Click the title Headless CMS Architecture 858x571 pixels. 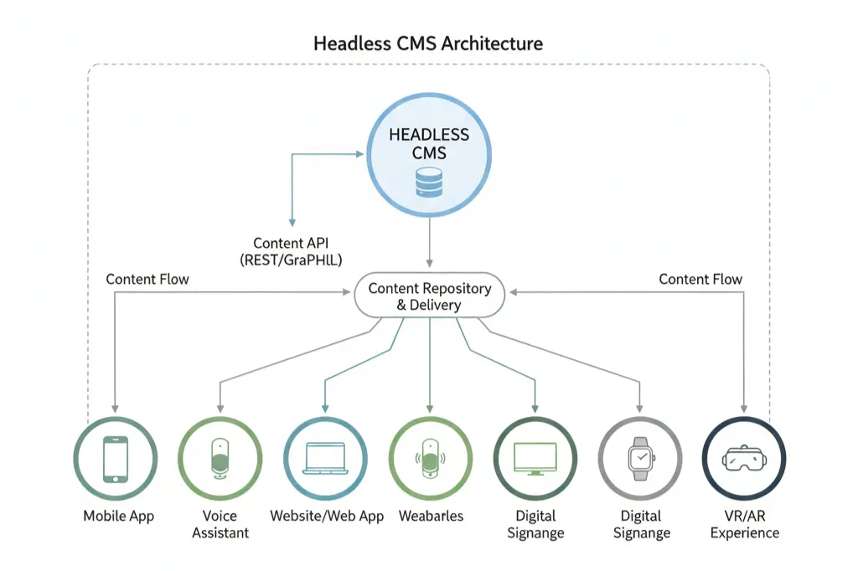click(428, 44)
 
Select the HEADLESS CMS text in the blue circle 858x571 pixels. click(428, 143)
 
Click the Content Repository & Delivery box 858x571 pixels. click(428, 296)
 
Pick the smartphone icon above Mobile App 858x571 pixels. click(115, 458)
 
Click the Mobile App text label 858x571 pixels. click(118, 516)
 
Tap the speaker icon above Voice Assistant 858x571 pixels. click(220, 458)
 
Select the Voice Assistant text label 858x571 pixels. click(220, 524)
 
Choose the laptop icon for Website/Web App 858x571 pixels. click(325, 458)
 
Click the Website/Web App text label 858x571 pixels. click(327, 516)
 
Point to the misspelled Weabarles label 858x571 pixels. click(431, 516)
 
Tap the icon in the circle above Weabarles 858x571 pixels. click(430, 458)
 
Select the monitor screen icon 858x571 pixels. click(535, 458)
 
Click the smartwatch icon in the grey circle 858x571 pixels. click(639, 458)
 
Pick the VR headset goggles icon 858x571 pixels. click(743, 458)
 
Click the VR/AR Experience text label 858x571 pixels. click(744, 524)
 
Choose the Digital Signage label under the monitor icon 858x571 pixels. click(535, 524)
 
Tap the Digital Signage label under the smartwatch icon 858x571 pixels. click(641, 524)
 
